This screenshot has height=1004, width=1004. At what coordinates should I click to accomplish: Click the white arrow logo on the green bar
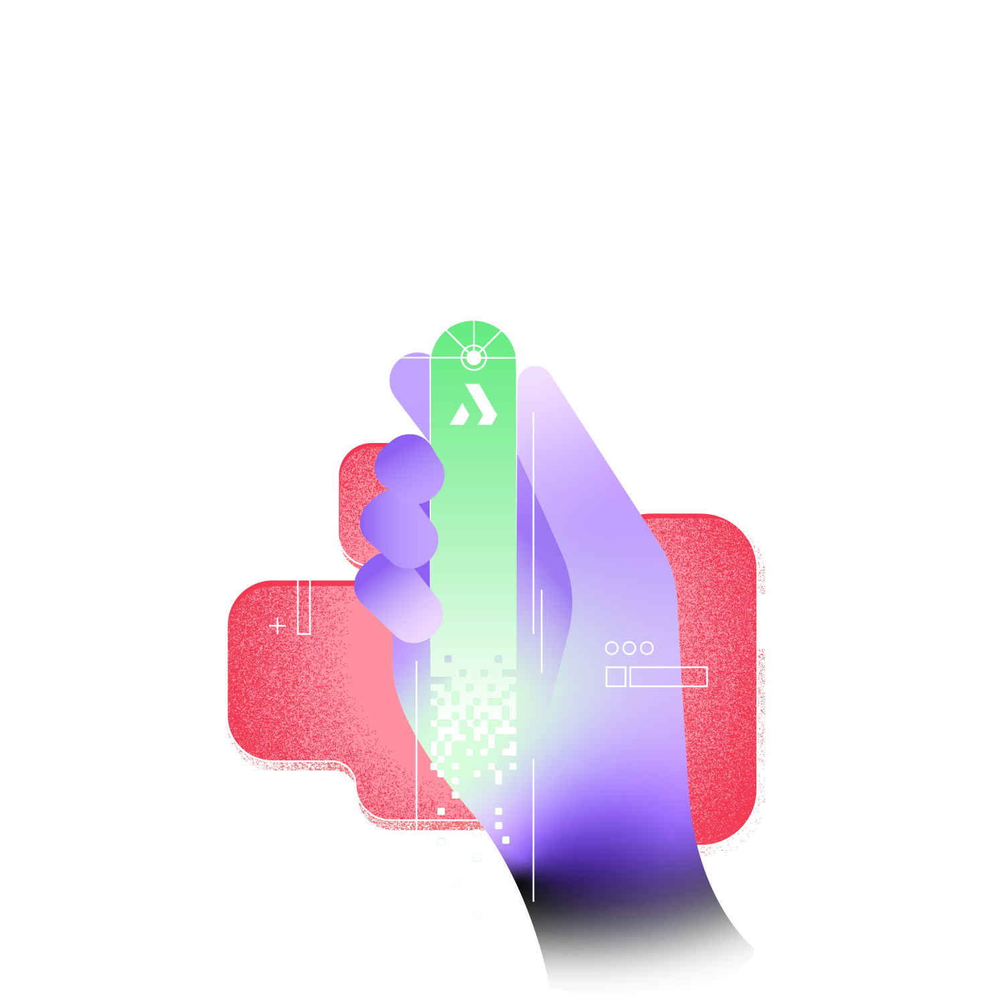[473, 405]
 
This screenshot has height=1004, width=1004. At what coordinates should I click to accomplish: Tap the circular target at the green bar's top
[473, 358]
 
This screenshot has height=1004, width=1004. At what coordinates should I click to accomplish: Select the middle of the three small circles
[629, 648]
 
